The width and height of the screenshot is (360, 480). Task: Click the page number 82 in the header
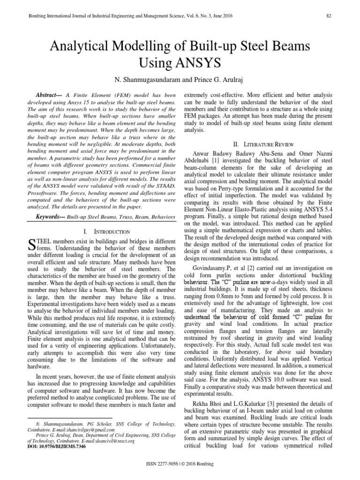coord(329,15)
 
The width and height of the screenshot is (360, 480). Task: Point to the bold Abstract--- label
coord(49,94)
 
